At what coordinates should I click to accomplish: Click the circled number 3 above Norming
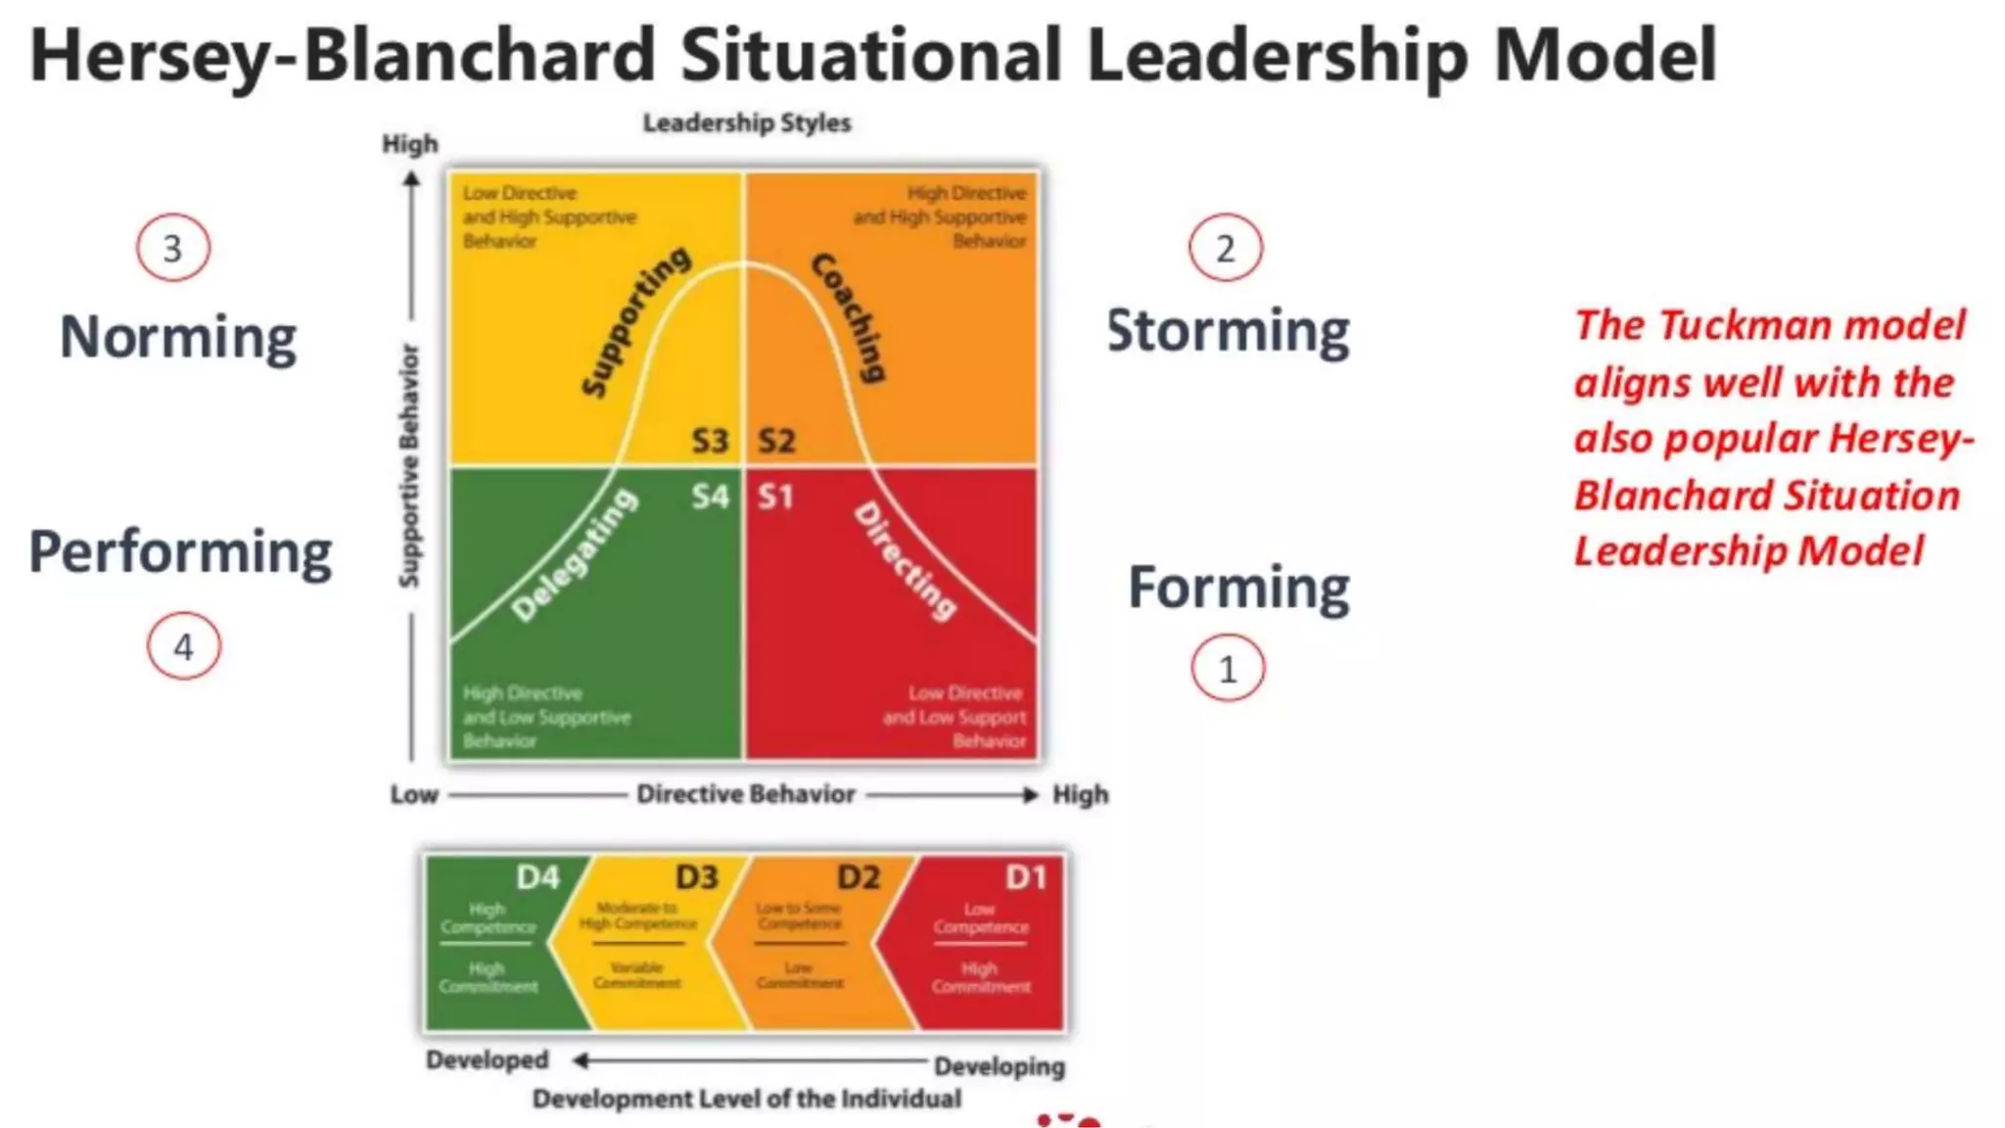[173, 248]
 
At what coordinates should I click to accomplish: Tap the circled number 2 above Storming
[1225, 248]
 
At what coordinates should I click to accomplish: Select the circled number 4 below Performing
[184, 646]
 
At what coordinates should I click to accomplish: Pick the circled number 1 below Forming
[1228, 669]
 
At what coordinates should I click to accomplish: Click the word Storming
[1228, 331]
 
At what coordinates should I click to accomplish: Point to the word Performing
[180, 552]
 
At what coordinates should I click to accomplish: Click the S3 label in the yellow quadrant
[710, 442]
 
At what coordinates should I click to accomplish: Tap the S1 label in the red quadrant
[775, 496]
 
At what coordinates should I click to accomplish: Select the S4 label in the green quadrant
[710, 496]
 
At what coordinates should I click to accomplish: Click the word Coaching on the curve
[850, 317]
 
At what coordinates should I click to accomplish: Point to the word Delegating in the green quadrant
[575, 555]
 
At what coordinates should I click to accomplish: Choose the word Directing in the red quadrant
[906, 561]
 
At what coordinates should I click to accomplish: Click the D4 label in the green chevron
[537, 876]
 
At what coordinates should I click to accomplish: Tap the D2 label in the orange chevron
[859, 876]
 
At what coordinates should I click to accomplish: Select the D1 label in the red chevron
[1026, 876]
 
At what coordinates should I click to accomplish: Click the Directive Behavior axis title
[746, 794]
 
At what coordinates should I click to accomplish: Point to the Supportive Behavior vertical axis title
[409, 466]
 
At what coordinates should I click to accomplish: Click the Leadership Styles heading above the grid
[746, 123]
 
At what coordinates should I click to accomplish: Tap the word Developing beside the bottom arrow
[999, 1066]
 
